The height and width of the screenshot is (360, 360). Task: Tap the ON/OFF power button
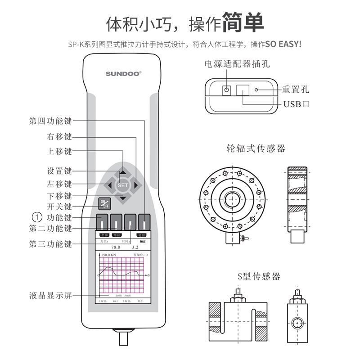click(x=105, y=204)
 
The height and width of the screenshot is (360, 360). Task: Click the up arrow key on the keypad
click(x=123, y=172)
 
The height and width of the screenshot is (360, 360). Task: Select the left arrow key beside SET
click(x=109, y=185)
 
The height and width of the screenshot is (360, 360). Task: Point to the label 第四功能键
click(x=50, y=121)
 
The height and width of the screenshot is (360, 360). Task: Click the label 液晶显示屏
click(x=50, y=296)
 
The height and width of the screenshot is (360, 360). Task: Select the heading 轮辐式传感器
click(x=256, y=148)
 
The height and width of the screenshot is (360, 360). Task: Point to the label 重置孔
click(x=296, y=90)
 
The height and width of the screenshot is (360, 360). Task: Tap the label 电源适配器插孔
click(x=237, y=64)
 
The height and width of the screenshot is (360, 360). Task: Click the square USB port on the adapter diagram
click(x=243, y=90)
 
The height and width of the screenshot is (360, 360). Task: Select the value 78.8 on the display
click(x=116, y=247)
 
